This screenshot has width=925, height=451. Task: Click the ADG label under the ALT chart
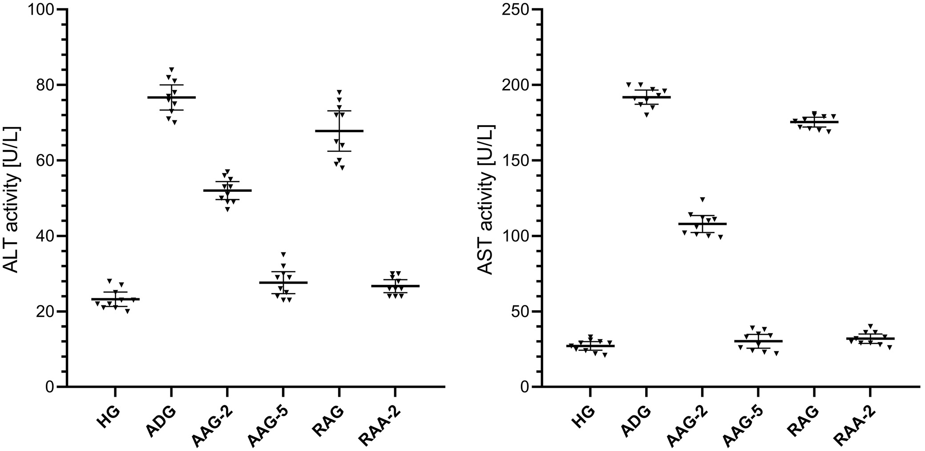(161, 417)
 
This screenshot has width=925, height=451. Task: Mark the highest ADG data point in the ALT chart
(171, 69)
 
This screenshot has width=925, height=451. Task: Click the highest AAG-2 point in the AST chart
(703, 199)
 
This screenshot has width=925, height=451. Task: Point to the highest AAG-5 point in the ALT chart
(283, 254)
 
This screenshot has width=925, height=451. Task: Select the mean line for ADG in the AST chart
(646, 97)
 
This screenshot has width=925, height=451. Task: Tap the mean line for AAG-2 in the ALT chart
(227, 191)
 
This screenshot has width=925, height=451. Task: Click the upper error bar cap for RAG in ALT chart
(339, 111)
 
